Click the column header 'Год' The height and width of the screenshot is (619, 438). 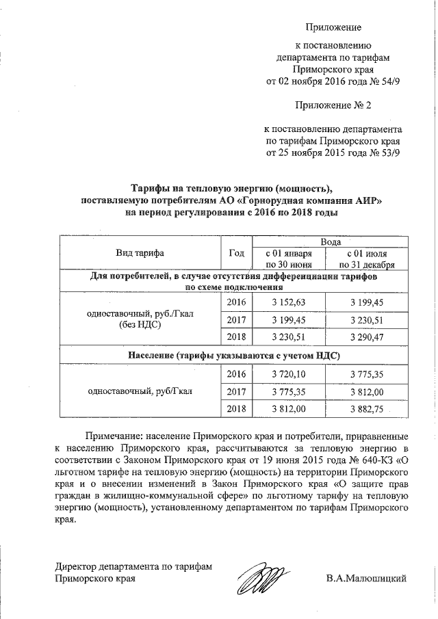click(237, 253)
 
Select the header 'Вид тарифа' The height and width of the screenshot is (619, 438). click(140, 253)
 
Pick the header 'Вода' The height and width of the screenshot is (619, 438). click(331, 243)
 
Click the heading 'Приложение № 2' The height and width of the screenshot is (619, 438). click(327, 105)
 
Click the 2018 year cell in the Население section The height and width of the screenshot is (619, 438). click(236, 409)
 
